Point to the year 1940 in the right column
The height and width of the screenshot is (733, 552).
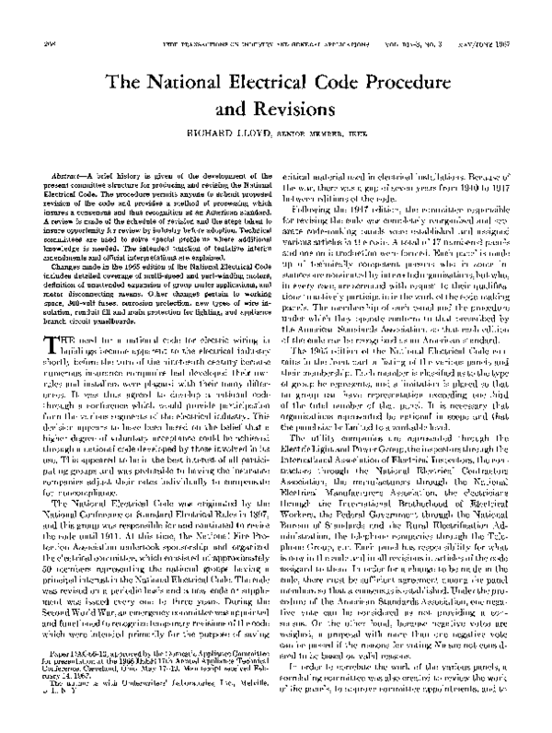[x=454, y=186]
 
